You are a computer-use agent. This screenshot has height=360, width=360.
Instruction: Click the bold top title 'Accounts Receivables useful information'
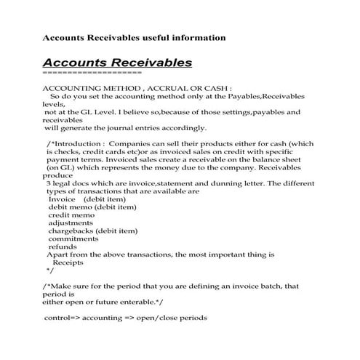click(135, 37)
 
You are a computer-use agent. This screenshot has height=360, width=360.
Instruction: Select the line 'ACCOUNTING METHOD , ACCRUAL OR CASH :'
click(137, 87)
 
